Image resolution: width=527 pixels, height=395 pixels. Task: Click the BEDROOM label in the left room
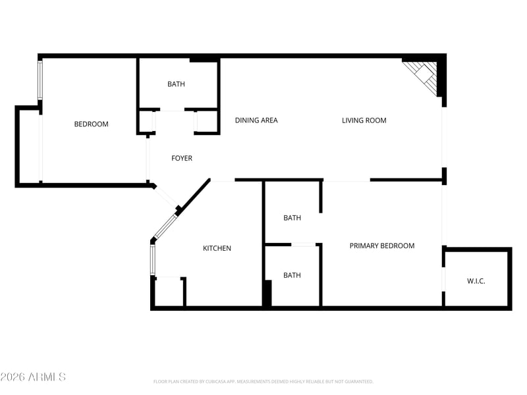[x=91, y=124]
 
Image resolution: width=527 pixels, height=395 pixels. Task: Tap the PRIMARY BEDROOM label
[x=381, y=246]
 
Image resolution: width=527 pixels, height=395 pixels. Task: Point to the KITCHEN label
[x=217, y=248]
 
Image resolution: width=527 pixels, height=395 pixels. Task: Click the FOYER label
[x=182, y=158]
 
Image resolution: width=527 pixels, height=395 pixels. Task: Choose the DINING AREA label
[x=256, y=120]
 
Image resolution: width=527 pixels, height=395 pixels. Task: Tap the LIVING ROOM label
[x=364, y=120]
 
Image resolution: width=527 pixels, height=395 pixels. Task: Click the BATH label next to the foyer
[x=176, y=84]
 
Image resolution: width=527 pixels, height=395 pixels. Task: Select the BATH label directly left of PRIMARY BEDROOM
[x=292, y=218]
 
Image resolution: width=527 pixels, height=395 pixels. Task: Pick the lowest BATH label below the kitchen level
[x=292, y=275]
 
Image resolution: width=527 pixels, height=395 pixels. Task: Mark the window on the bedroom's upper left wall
[x=40, y=80]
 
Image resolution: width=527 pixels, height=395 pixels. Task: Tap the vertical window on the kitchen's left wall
[x=152, y=259]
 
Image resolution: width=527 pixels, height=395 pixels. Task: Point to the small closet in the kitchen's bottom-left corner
[x=169, y=292]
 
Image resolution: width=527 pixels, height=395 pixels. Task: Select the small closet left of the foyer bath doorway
[x=146, y=122]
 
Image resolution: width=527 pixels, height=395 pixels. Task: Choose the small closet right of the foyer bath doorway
[x=207, y=122]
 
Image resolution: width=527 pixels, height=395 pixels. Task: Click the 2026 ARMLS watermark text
[x=33, y=377]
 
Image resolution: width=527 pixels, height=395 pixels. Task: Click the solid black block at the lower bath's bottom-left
[x=267, y=293]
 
